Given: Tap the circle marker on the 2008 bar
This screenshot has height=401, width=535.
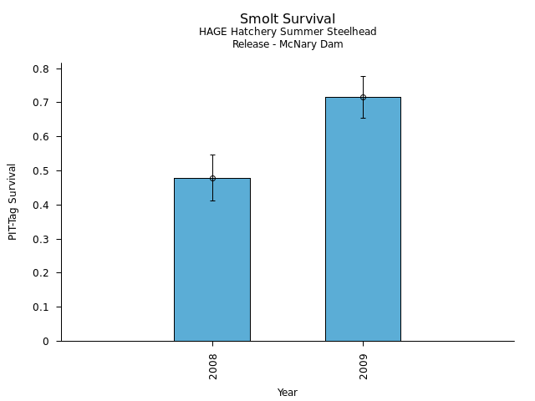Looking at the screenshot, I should (212, 178).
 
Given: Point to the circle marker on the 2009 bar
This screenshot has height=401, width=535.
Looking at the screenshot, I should (363, 97).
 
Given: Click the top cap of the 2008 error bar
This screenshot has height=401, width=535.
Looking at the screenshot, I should (212, 155).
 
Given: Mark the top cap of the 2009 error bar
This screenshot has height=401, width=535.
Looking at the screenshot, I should (363, 76).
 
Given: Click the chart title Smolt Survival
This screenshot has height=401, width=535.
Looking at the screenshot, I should (288, 19).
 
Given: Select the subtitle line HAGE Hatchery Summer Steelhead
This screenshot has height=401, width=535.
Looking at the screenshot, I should (288, 32).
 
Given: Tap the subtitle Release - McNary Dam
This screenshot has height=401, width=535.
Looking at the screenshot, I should (288, 44).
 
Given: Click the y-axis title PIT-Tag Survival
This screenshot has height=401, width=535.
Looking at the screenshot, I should (13, 201).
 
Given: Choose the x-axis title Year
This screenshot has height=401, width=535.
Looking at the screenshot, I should (288, 393).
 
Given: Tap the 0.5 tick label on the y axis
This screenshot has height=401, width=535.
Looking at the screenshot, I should (41, 171).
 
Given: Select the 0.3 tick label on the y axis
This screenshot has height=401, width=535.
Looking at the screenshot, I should (41, 239).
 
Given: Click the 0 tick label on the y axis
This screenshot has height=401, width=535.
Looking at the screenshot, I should (47, 342).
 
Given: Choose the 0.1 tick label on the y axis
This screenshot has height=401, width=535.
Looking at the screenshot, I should (41, 307).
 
